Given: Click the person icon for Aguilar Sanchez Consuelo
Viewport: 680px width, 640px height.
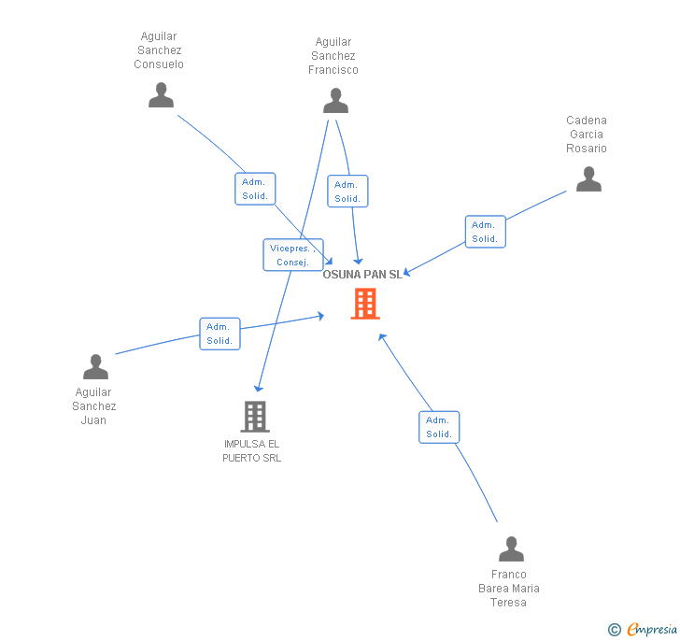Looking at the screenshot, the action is tap(162, 95).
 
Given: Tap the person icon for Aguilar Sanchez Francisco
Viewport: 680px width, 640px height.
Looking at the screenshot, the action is tap(335, 101).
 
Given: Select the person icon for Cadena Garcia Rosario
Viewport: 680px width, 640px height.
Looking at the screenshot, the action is tap(588, 179).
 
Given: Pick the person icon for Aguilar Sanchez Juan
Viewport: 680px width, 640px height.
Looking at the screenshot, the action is tap(95, 367).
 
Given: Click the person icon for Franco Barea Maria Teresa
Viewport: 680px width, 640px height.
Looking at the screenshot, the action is tap(511, 549).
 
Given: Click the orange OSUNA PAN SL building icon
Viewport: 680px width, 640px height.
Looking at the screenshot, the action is tap(365, 304).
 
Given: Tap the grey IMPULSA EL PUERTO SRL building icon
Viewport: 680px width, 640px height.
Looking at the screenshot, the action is tap(254, 417).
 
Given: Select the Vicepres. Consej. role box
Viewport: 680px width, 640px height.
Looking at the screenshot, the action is tap(293, 255).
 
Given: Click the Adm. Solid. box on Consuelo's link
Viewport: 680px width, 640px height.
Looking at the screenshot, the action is tap(255, 189).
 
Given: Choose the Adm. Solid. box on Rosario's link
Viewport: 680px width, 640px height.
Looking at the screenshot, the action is tap(485, 232).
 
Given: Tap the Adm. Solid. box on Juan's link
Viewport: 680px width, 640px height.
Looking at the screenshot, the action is tap(220, 334).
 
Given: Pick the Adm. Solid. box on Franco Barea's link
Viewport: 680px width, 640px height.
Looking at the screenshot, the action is tap(439, 427).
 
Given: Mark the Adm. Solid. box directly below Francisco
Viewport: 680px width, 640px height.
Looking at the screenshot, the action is tap(347, 192).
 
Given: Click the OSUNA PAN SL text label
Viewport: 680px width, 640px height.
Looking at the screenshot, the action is tap(362, 275).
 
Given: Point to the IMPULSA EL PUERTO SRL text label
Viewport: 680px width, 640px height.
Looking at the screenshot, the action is tap(251, 451).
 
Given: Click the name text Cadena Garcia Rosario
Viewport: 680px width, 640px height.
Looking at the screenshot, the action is tap(587, 135).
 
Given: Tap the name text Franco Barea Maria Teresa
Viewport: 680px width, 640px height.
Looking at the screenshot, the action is tap(509, 589).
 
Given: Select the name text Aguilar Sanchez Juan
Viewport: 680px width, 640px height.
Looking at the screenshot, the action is tap(94, 406).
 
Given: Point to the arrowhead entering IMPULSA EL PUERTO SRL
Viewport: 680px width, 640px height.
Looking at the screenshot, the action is tap(259, 389).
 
